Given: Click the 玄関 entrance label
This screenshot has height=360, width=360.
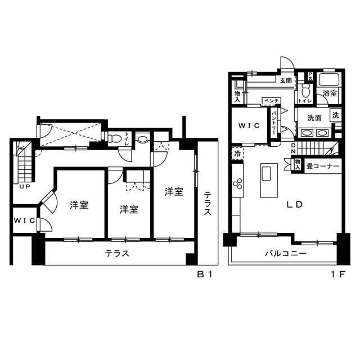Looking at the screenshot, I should coord(286,80).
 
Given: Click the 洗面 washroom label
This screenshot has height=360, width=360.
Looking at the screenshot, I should coord(314,118).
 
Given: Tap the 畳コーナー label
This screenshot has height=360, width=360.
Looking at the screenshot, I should coord(323,166).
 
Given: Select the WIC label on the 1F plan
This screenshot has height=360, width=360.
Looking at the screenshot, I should coord(249,125).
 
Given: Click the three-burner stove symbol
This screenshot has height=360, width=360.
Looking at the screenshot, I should coord(237,184).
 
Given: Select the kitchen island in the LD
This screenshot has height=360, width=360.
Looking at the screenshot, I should coord(267,179).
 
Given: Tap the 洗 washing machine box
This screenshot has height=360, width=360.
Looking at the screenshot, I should coord(336,115).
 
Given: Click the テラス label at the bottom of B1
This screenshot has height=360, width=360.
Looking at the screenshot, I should coord(118,254).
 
